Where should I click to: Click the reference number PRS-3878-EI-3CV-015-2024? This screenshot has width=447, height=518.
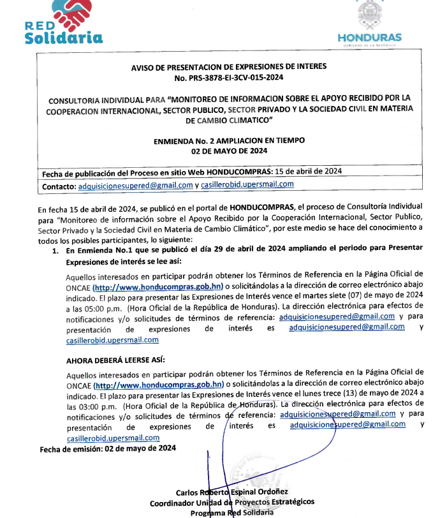coord(228,77)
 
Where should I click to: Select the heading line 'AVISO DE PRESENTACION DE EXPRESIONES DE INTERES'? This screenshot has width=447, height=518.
coord(228,66)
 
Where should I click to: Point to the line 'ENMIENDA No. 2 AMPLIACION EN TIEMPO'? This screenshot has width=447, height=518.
coord(228,140)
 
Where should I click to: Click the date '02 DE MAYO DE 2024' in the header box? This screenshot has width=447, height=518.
coord(228,151)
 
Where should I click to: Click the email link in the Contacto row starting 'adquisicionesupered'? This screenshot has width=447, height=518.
coord(135,185)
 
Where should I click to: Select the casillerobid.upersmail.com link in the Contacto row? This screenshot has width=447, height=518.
coord(247,185)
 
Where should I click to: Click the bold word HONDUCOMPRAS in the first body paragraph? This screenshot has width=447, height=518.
coord(262,207)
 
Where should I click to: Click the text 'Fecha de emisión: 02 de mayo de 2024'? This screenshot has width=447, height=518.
coord(107,448)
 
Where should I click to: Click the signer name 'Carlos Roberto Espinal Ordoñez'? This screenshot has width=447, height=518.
coord(232,492)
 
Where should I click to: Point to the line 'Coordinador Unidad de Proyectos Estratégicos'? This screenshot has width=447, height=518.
coord(232,502)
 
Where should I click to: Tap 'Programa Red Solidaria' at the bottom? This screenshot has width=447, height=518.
coord(232,512)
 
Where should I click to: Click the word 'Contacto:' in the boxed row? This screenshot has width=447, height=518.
coord(58,186)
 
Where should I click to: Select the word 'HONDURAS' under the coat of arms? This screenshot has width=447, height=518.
coord(369,38)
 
